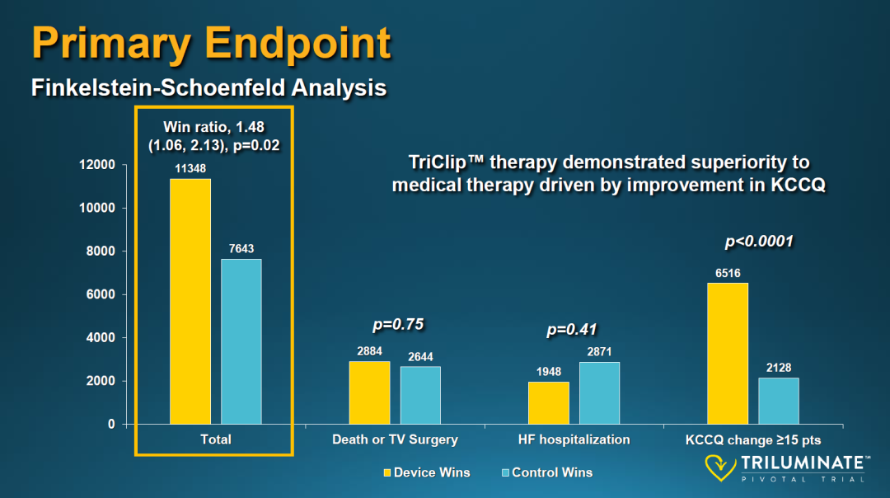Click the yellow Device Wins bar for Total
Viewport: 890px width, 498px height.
pyautogui.click(x=190, y=301)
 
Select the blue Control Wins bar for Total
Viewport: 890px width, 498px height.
pyautogui.click(x=241, y=341)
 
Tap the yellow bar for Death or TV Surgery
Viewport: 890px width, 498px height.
pyautogui.click(x=369, y=392)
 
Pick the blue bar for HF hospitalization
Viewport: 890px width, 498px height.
pyautogui.click(x=599, y=393)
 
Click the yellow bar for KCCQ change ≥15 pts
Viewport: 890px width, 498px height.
pyautogui.click(x=728, y=354)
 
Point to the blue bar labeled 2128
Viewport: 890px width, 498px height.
pyautogui.click(x=779, y=401)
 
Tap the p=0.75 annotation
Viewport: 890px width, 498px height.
pyautogui.click(x=398, y=325)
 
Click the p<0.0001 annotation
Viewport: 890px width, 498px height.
pyautogui.click(x=758, y=242)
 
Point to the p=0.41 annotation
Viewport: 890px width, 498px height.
pyautogui.click(x=572, y=331)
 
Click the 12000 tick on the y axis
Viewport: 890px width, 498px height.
pyautogui.click(x=97, y=165)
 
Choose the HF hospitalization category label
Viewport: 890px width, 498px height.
pyautogui.click(x=574, y=439)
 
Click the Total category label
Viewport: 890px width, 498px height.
pyautogui.click(x=216, y=439)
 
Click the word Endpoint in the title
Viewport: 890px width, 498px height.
pyautogui.click(x=302, y=43)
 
